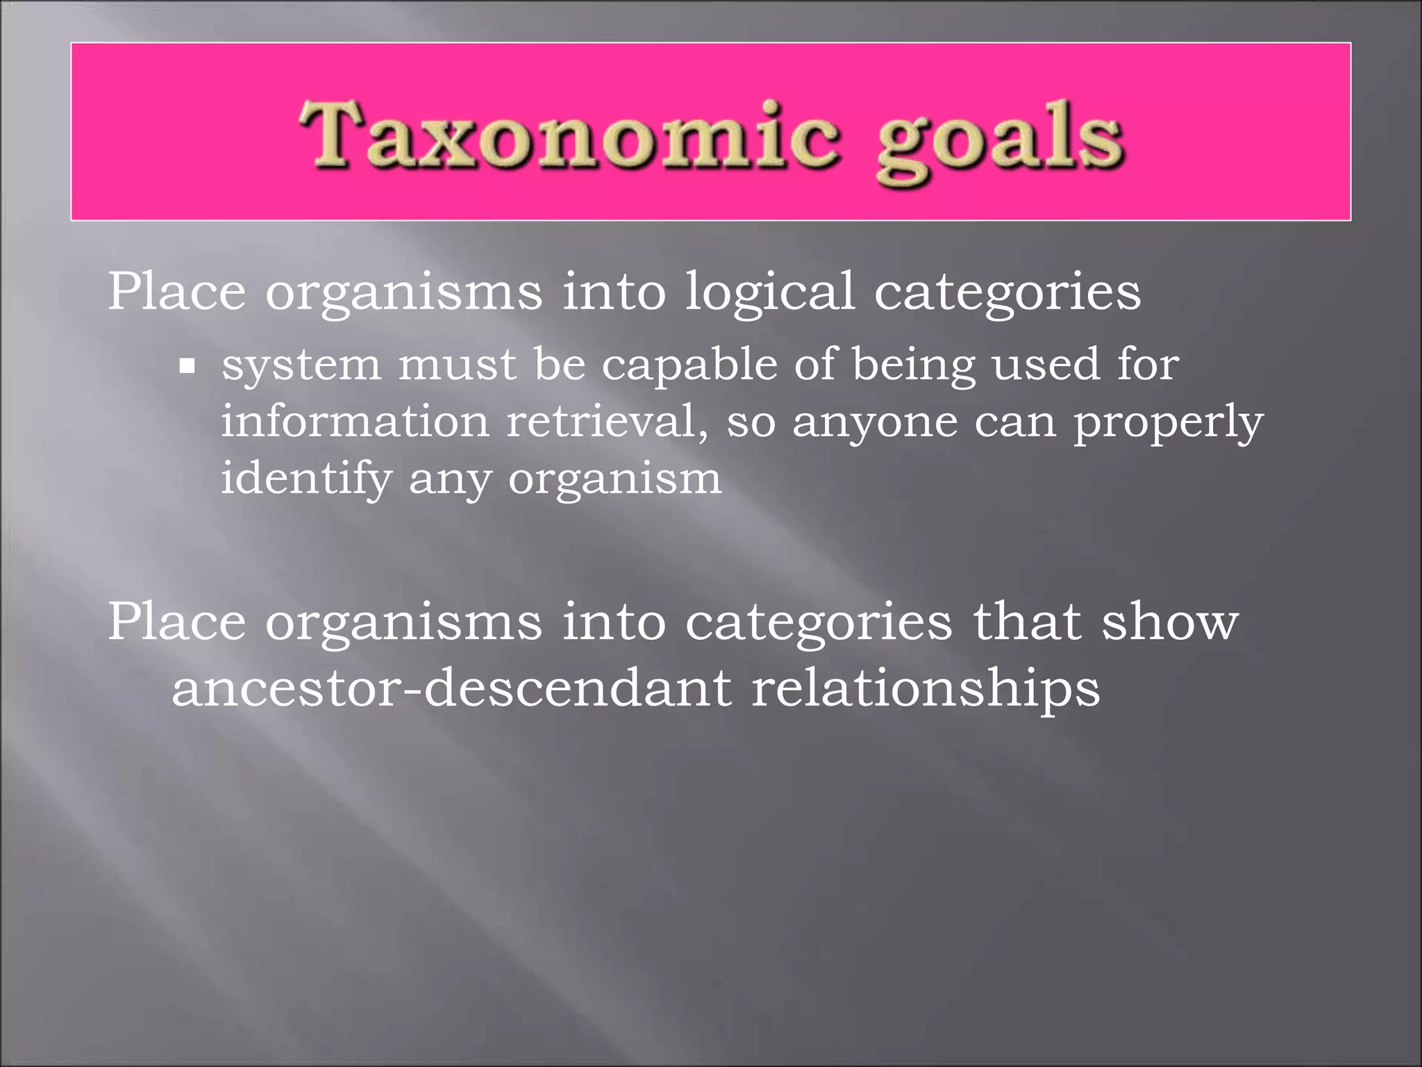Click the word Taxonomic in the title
point(569,135)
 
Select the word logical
point(769,292)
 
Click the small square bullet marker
point(187,365)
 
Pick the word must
point(458,365)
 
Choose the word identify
point(306,479)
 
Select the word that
point(1027,621)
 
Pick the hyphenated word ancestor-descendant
point(451,688)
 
